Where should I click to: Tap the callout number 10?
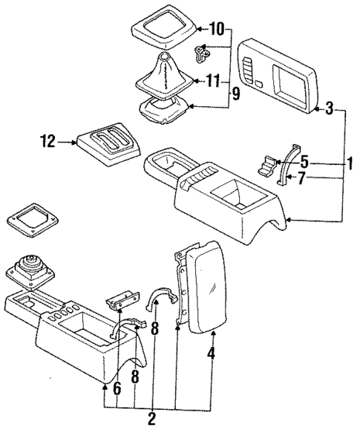click(x=216, y=30)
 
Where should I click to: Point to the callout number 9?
click(x=236, y=93)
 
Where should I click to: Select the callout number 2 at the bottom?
click(x=151, y=420)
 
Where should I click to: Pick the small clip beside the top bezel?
click(x=202, y=53)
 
